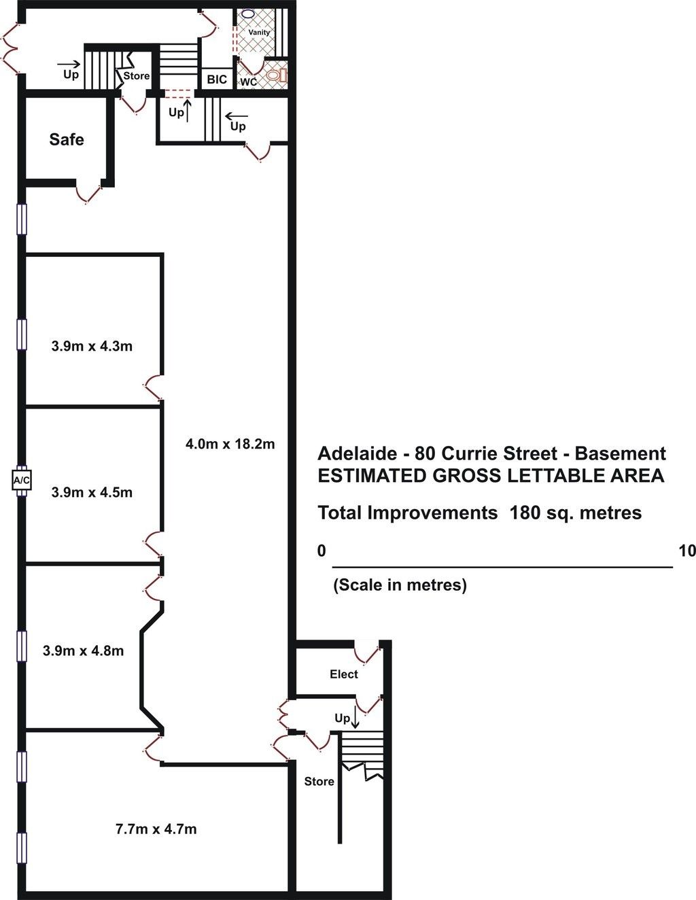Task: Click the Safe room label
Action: pyautogui.click(x=66, y=139)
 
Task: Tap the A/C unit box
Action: pyautogui.click(x=22, y=481)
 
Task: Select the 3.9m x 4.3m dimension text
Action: pyautogui.click(x=92, y=346)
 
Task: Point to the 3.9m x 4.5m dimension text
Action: pyautogui.click(x=92, y=492)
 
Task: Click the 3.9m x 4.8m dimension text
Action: pyautogui.click(x=83, y=651)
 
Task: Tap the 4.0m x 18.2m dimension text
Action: pyautogui.click(x=230, y=444)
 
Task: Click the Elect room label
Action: pyautogui.click(x=344, y=674)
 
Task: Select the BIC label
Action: pyautogui.click(x=217, y=79)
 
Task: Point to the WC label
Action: pyautogui.click(x=248, y=82)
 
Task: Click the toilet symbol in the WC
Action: pyautogui.click(x=276, y=75)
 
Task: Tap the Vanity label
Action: pyautogui.click(x=259, y=33)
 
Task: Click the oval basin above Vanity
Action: pyautogui.click(x=248, y=14)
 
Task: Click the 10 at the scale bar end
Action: pyautogui.click(x=687, y=551)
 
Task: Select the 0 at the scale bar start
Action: pyautogui.click(x=321, y=551)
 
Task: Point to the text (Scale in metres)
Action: pyautogui.click(x=400, y=585)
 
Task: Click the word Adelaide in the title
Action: pyautogui.click(x=358, y=454)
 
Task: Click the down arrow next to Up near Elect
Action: pyautogui.click(x=355, y=720)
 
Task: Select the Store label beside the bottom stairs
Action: pyautogui.click(x=319, y=781)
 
